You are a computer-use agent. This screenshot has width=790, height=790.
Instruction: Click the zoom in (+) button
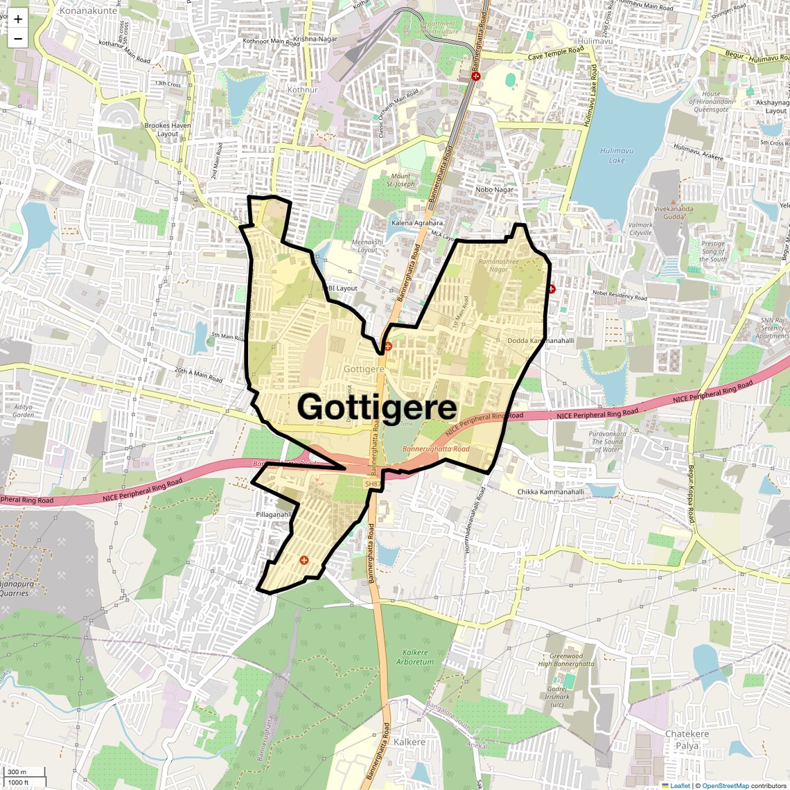18,19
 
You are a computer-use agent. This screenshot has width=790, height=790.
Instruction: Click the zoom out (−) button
18,39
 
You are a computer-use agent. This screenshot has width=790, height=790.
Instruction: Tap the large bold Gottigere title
377,407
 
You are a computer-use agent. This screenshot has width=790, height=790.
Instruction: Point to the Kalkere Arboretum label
415,657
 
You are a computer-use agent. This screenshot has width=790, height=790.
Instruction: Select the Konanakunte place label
88,10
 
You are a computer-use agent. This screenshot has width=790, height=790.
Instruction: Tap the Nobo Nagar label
495,189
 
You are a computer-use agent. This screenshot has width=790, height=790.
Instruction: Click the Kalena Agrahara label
416,223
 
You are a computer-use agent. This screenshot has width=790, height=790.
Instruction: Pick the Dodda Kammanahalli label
541,341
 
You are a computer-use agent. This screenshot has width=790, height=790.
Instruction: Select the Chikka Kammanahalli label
550,492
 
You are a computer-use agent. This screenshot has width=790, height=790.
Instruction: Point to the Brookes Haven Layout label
167,130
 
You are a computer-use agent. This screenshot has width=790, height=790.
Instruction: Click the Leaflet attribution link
679,785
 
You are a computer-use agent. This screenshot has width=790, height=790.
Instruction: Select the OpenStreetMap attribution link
725,785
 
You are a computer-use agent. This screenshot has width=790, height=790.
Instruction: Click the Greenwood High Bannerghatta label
566,660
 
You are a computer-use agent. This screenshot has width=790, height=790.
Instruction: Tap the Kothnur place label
302,90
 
